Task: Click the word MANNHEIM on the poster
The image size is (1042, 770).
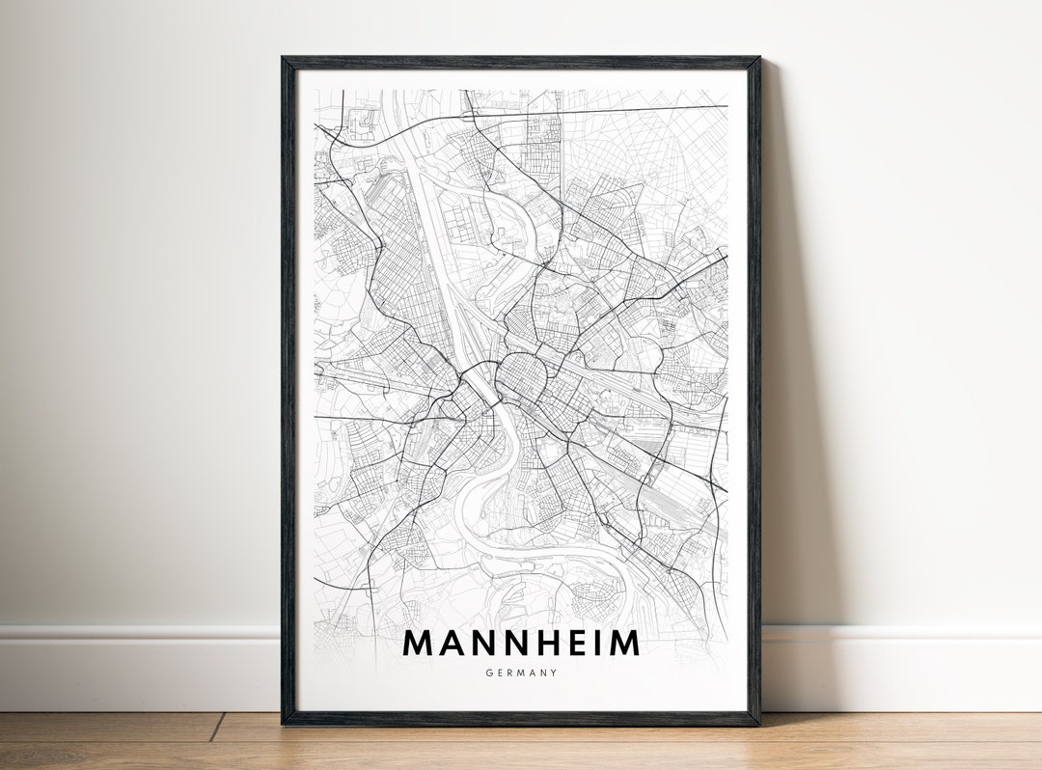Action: pos(521,643)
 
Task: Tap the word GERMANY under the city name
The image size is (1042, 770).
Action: pos(521,673)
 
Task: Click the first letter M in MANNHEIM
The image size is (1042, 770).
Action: pos(418,643)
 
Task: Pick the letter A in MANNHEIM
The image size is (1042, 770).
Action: pos(451,643)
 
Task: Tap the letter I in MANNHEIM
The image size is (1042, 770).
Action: pos(591,643)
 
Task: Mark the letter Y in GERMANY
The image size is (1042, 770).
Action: pos(554,673)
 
